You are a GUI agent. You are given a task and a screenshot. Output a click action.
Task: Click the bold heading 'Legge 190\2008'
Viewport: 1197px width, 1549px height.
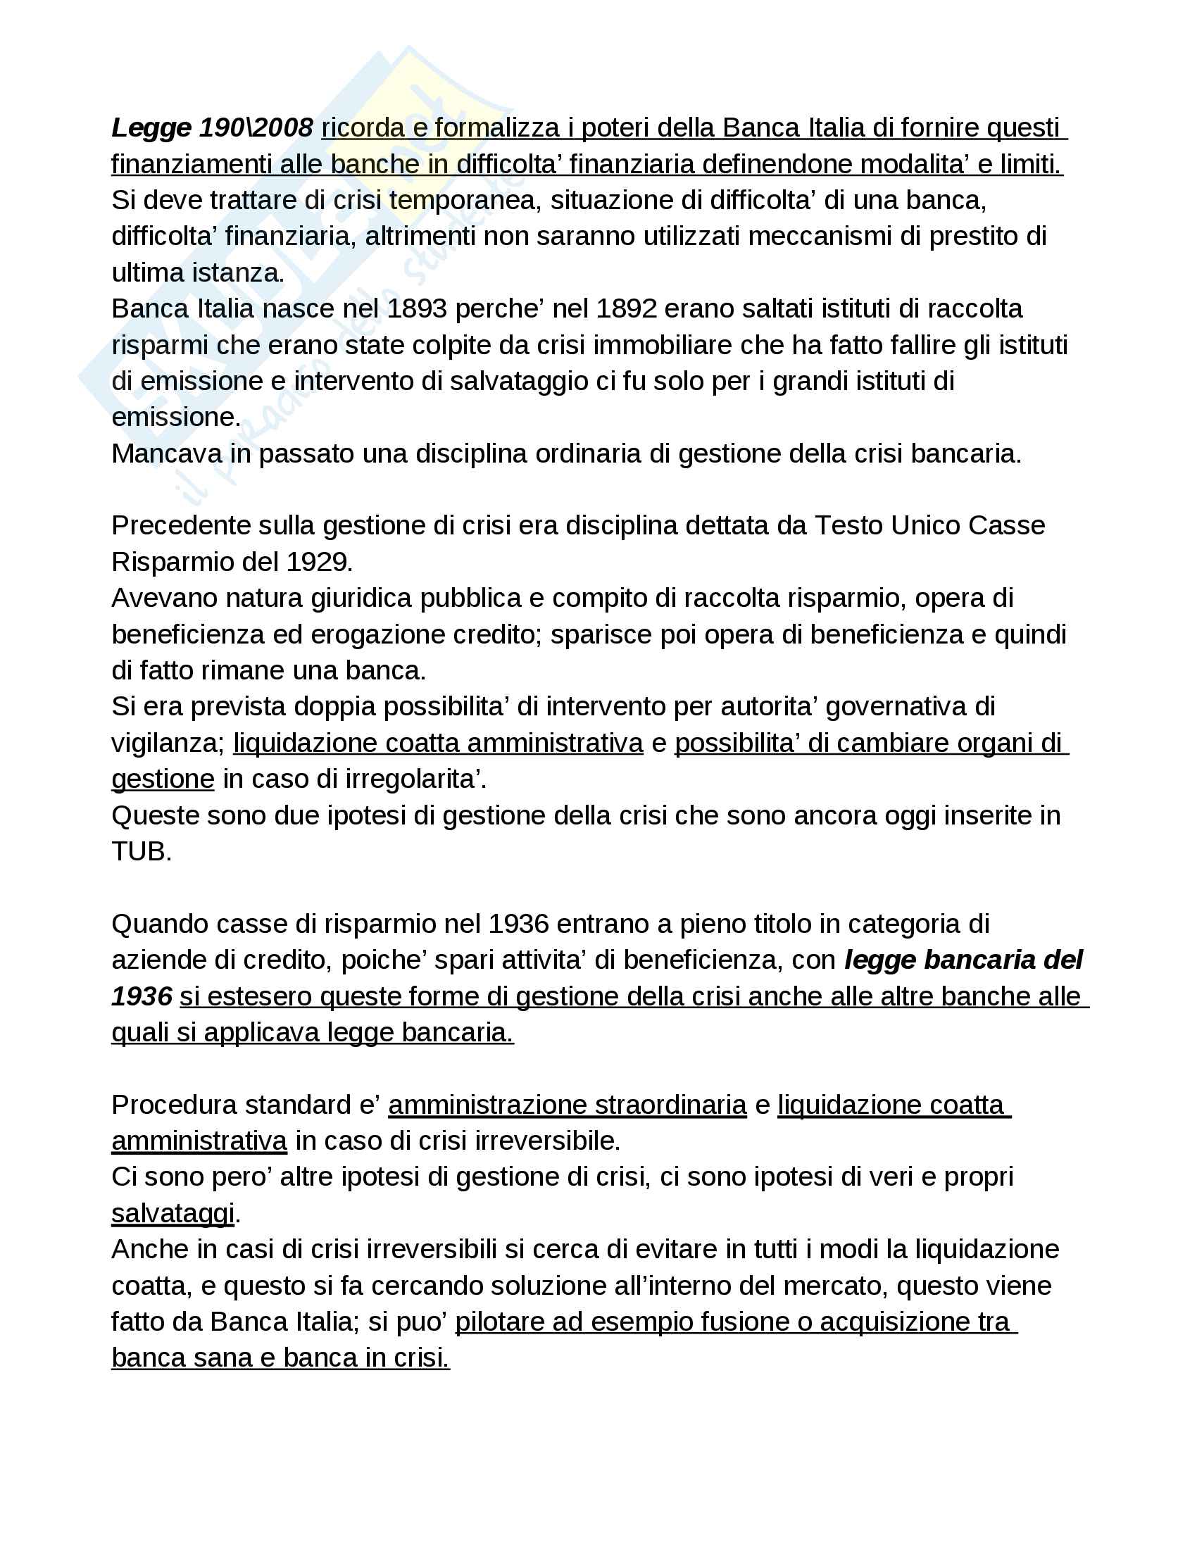pyautogui.click(x=212, y=127)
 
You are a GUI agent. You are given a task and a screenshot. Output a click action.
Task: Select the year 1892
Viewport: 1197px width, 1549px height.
pyautogui.click(x=626, y=308)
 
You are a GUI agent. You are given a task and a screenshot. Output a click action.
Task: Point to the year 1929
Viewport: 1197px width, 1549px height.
pyautogui.click(x=319, y=562)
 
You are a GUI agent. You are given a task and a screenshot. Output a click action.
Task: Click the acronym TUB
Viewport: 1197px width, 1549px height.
pyautogui.click(x=141, y=851)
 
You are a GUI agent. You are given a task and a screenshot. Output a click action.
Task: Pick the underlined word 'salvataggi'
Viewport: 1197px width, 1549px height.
pyautogui.click(x=173, y=1214)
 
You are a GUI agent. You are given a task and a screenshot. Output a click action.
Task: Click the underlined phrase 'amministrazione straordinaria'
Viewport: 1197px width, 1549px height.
pyautogui.click(x=568, y=1105)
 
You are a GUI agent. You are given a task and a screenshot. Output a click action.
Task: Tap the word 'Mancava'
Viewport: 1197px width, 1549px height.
pyautogui.click(x=166, y=453)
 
